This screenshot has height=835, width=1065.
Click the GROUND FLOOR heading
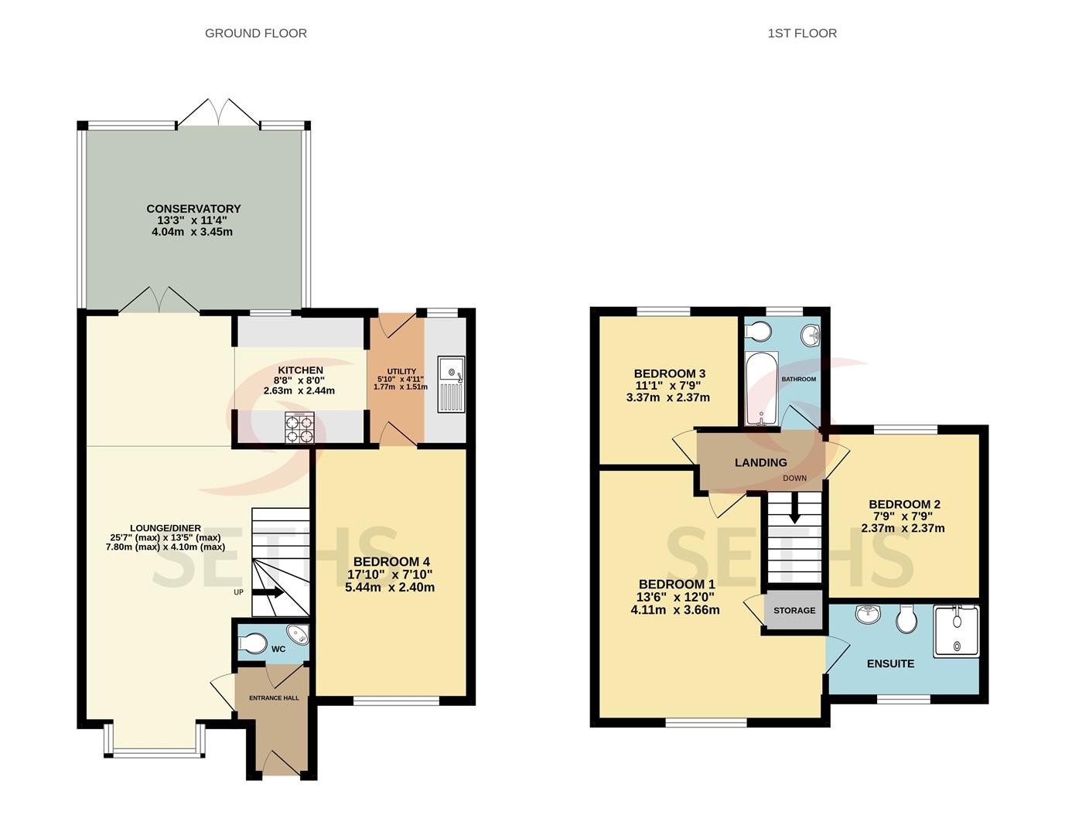[256, 33]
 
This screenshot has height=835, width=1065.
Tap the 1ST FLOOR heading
[802, 33]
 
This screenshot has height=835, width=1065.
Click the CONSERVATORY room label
[193, 209]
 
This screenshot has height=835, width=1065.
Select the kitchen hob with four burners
[299, 428]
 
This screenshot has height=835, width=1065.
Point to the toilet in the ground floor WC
[252, 643]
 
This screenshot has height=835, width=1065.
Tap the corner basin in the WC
[298, 634]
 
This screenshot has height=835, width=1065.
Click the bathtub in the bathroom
[762, 388]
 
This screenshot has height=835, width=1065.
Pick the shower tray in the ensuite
[956, 631]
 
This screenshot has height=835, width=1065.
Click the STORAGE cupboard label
[794, 611]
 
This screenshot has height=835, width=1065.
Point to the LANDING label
[760, 462]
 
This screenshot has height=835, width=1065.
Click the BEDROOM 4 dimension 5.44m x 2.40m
[390, 587]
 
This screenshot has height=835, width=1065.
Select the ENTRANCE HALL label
[274, 698]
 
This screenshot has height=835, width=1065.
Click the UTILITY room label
[401, 371]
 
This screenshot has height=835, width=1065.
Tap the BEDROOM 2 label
[905, 504]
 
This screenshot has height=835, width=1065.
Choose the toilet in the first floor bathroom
[758, 332]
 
